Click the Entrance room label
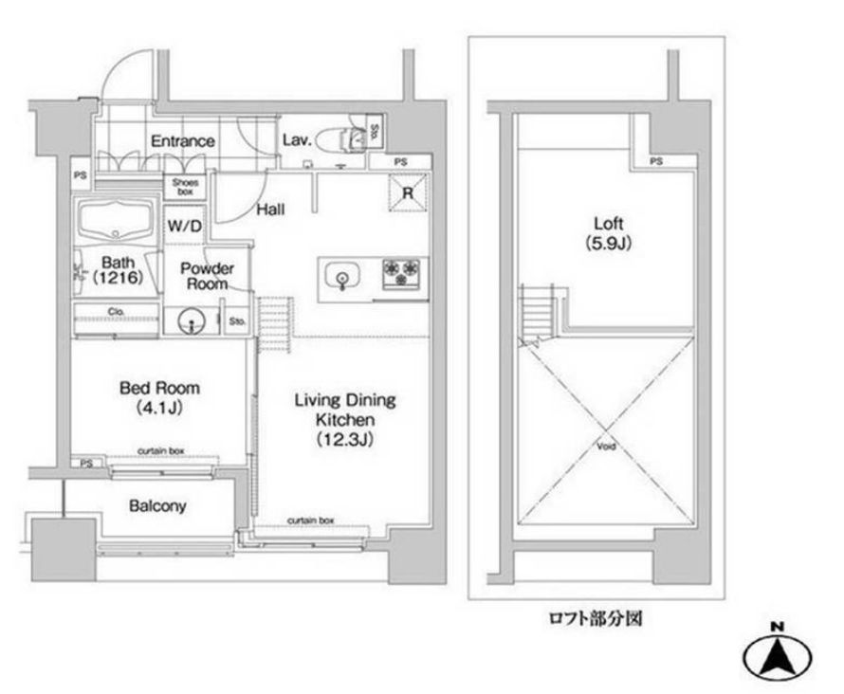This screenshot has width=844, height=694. [183, 141]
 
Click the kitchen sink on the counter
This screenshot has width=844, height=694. [340, 278]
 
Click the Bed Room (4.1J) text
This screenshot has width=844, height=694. [159, 396]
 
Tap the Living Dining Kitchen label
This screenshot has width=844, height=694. [343, 419]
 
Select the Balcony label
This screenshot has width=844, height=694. [157, 506]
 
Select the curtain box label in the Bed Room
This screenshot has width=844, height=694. [159, 451]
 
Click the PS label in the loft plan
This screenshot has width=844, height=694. [656, 162]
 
